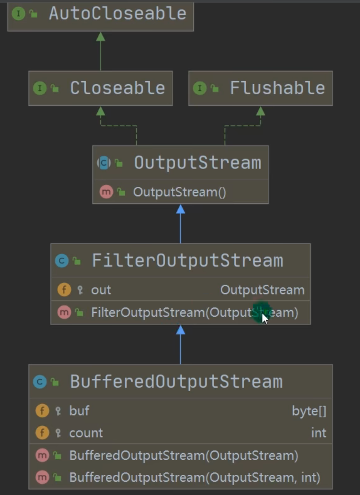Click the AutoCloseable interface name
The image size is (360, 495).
pyautogui.click(x=117, y=13)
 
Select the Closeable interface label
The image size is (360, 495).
pyautogui.click(x=117, y=88)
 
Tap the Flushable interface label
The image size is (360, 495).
pyautogui.click(x=277, y=88)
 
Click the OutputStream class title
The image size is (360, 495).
pyautogui.click(x=197, y=162)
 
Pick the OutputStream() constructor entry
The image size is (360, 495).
pyautogui.click(x=179, y=192)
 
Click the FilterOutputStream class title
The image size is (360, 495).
pyautogui.click(x=187, y=260)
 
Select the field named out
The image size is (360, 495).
pyautogui.click(x=101, y=290)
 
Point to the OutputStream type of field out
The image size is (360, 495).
pyautogui.click(x=262, y=290)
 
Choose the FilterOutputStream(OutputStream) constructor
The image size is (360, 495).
pyautogui.click(x=194, y=312)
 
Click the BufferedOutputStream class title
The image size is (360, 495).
pyautogui.click(x=176, y=381)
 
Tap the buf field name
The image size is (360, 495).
pyautogui.click(x=79, y=411)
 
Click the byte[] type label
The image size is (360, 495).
pyautogui.click(x=309, y=411)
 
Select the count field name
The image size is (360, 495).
pyautogui.click(x=86, y=433)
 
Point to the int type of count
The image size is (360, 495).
pyautogui.click(x=318, y=433)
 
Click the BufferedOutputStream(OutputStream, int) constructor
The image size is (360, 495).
pyautogui.click(x=194, y=478)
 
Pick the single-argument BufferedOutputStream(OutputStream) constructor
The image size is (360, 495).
pyautogui.click(x=184, y=455)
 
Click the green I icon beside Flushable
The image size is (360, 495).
pyautogui.click(x=200, y=88)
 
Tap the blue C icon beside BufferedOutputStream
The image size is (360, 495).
pyautogui.click(x=40, y=382)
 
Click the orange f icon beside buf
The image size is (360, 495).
pyautogui.click(x=42, y=411)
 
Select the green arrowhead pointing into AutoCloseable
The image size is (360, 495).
pyautogui.click(x=100, y=37)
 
